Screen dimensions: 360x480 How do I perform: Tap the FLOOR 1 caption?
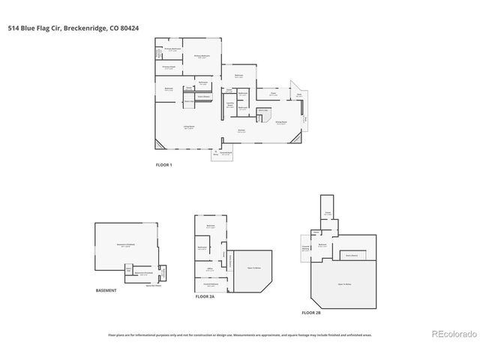[x=163, y=163]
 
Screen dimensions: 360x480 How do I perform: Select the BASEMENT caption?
[x=106, y=290]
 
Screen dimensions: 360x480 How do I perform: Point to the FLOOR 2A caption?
[x=205, y=297]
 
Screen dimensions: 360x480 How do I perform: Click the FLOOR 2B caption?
[x=310, y=311]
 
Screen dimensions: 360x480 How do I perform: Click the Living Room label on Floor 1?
[x=190, y=127]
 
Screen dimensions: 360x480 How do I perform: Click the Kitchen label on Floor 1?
[x=242, y=131]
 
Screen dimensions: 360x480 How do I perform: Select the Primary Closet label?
[x=169, y=67]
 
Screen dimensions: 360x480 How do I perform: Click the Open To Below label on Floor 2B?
[x=346, y=284]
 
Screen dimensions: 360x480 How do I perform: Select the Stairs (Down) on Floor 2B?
[x=351, y=255]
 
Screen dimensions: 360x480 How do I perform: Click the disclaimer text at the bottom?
[x=240, y=334]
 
